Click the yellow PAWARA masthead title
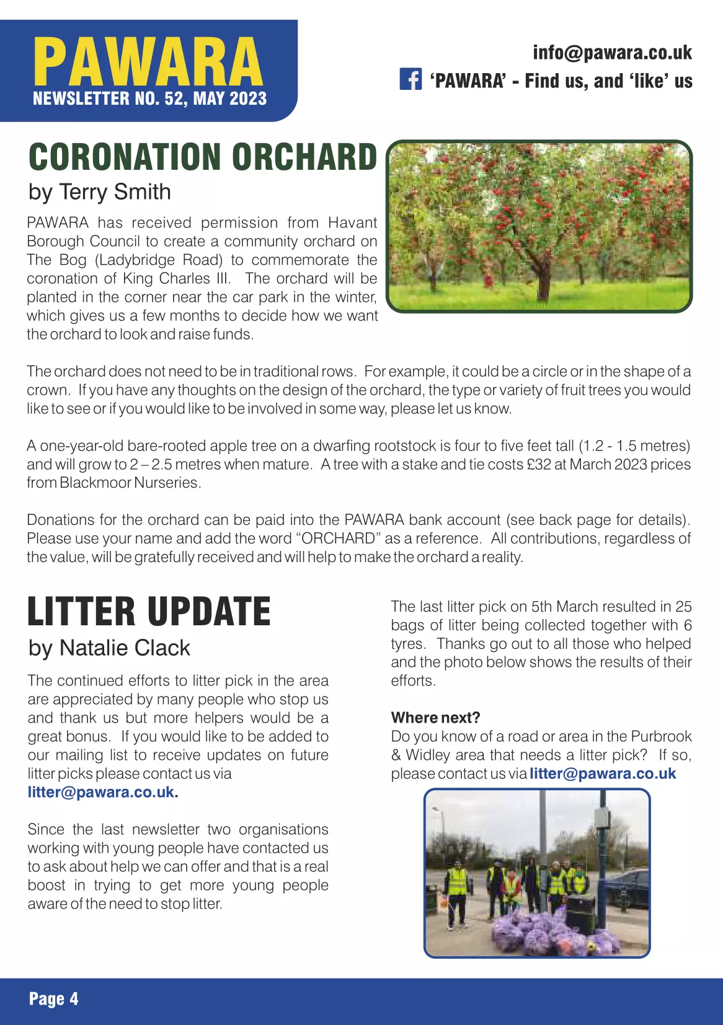(148, 62)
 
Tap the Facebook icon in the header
(410, 79)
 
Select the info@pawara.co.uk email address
(612, 53)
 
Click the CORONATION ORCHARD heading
(203, 157)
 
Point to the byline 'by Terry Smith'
(99, 192)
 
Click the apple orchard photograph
(539, 226)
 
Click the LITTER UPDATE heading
(149, 612)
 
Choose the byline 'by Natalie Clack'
(109, 648)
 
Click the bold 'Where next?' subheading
(435, 718)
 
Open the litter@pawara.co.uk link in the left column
(101, 793)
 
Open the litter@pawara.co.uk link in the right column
(602, 774)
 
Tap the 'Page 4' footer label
(53, 999)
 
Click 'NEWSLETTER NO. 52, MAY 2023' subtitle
(149, 99)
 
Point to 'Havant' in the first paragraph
(352, 222)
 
